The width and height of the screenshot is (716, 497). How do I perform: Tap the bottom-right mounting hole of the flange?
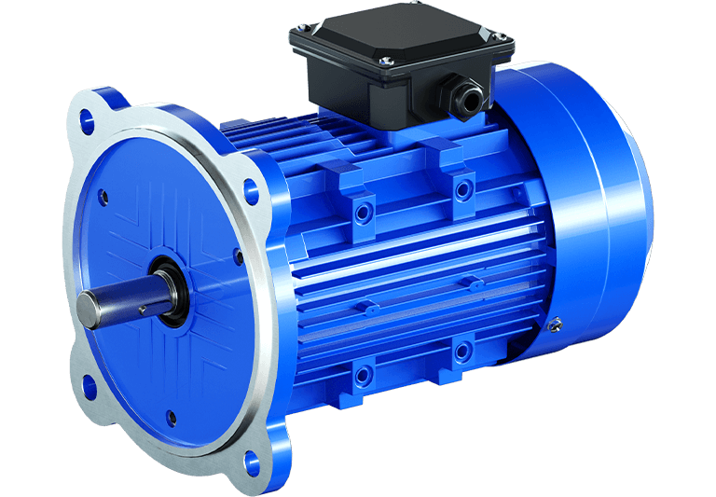(251, 459)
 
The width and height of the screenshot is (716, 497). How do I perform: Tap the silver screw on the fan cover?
(557, 324)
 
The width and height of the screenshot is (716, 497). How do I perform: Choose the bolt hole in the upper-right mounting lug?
(461, 190)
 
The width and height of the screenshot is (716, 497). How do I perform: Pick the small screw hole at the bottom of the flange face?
(170, 417)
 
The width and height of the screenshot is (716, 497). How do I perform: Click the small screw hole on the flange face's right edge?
(239, 253)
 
